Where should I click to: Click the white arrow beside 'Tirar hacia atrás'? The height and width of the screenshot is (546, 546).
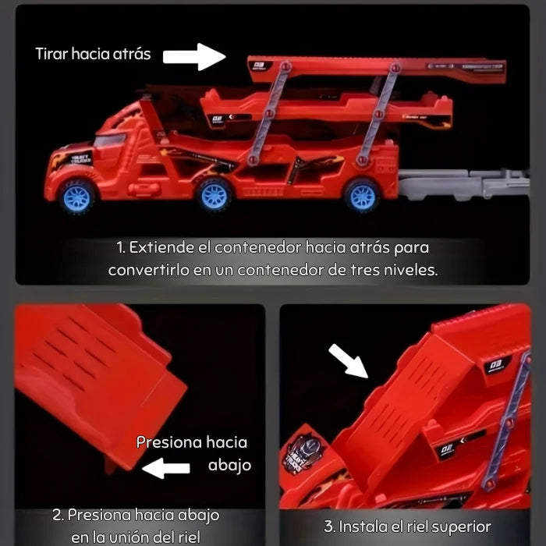194,57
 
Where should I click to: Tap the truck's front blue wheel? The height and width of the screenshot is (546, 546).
76,197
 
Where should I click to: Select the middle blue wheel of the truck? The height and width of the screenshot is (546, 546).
214,195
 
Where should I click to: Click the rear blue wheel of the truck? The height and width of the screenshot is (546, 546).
362,196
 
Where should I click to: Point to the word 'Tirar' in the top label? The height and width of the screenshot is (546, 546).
51,54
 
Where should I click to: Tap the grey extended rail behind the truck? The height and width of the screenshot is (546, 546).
464,185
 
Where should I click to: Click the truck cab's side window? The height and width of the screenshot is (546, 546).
110,140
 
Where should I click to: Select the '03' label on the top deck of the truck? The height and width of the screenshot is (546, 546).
259,66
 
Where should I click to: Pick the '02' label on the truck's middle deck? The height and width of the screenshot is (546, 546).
218,120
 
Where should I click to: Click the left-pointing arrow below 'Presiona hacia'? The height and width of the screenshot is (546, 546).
166,468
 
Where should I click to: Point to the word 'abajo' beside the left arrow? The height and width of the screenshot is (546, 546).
229,466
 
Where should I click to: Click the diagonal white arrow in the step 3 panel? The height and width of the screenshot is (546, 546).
348,360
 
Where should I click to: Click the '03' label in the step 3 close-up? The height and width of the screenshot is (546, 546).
496,366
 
